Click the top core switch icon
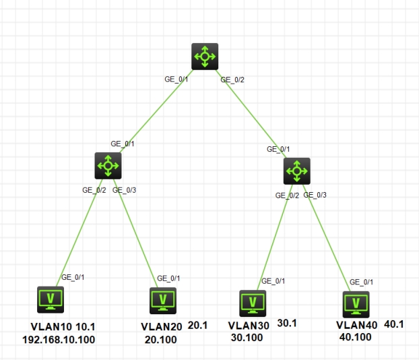pyautogui.click(x=205, y=57)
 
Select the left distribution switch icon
pyautogui.click(x=108, y=164)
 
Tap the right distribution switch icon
pyautogui.click(x=296, y=171)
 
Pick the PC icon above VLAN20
pyautogui.click(x=162, y=301)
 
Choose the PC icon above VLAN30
pyautogui.click(x=253, y=303)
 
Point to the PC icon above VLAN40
pyautogui.click(x=355, y=304)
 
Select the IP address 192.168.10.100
pyautogui.click(x=59, y=339)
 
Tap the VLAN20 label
pyautogui.click(x=162, y=327)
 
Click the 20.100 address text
pyautogui.click(x=161, y=339)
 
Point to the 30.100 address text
pyautogui.click(x=247, y=336)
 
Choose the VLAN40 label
pyautogui.click(x=356, y=325)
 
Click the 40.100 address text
pyautogui.click(x=356, y=336)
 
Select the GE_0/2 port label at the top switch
pyautogui.click(x=233, y=80)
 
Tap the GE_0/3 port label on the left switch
pyautogui.click(x=125, y=190)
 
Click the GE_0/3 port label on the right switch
pyautogui.click(x=315, y=196)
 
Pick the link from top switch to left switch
pyautogui.click(x=156, y=111)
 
